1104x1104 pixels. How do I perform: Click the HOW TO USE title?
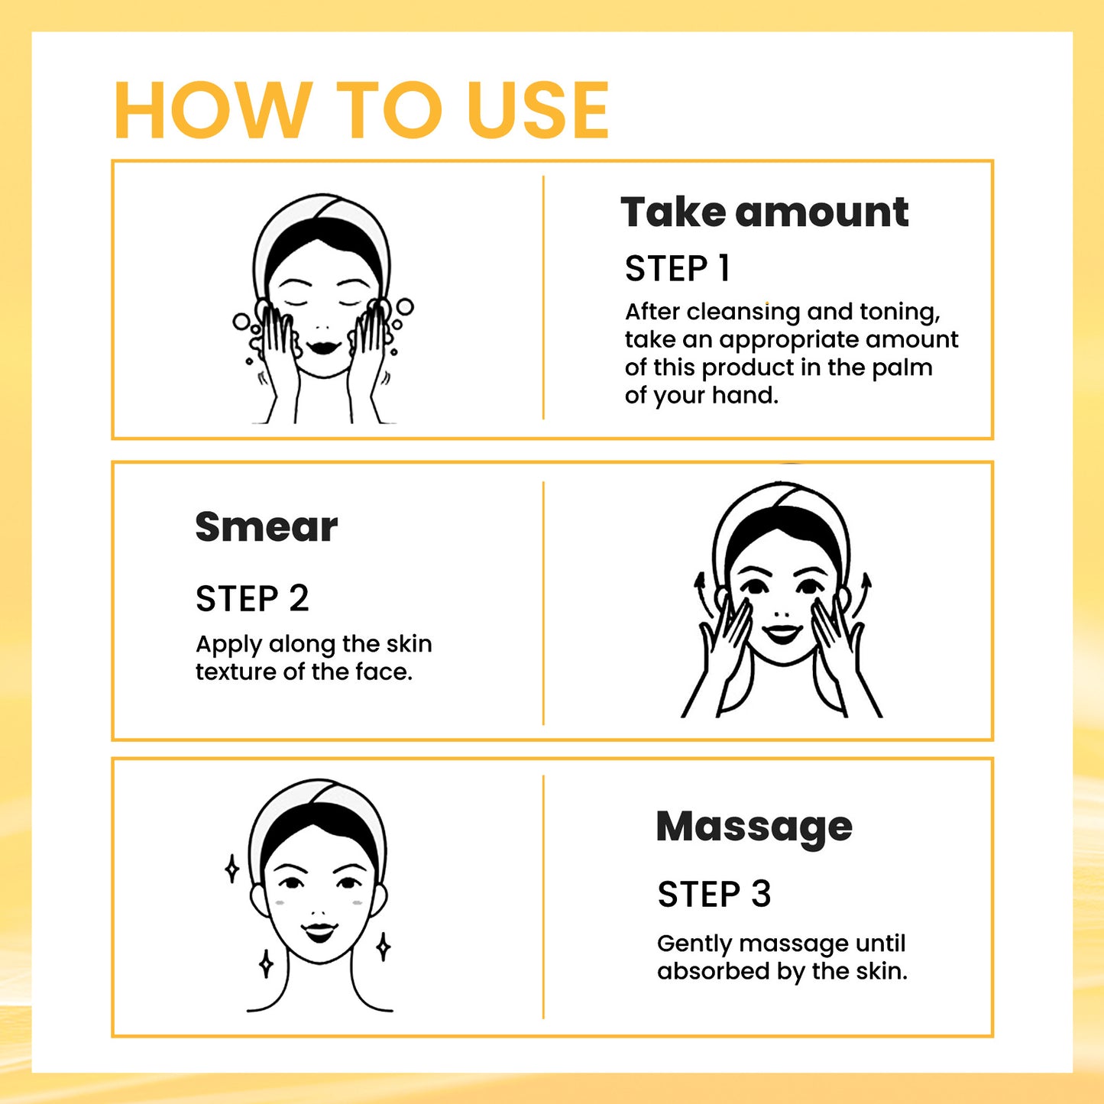click(361, 111)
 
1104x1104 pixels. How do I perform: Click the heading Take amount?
click(764, 212)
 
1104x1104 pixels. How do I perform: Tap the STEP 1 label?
click(677, 269)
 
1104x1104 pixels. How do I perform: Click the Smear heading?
click(266, 527)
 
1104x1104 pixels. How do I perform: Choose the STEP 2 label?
click(252, 598)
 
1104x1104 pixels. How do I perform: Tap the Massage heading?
click(753, 827)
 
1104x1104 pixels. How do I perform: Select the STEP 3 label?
click(714, 894)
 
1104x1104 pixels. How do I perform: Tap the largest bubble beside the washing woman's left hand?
click(404, 307)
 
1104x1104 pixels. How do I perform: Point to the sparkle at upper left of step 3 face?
click(232, 869)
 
